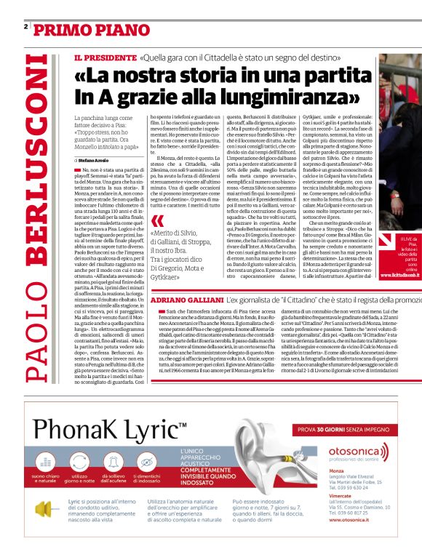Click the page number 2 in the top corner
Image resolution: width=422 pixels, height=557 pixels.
click(x=25, y=26)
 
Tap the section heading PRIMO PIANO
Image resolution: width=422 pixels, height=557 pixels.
click(x=81, y=29)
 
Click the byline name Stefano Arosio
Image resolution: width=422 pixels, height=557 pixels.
click(x=94, y=159)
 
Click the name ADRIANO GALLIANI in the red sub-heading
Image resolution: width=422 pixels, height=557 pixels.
click(x=186, y=300)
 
